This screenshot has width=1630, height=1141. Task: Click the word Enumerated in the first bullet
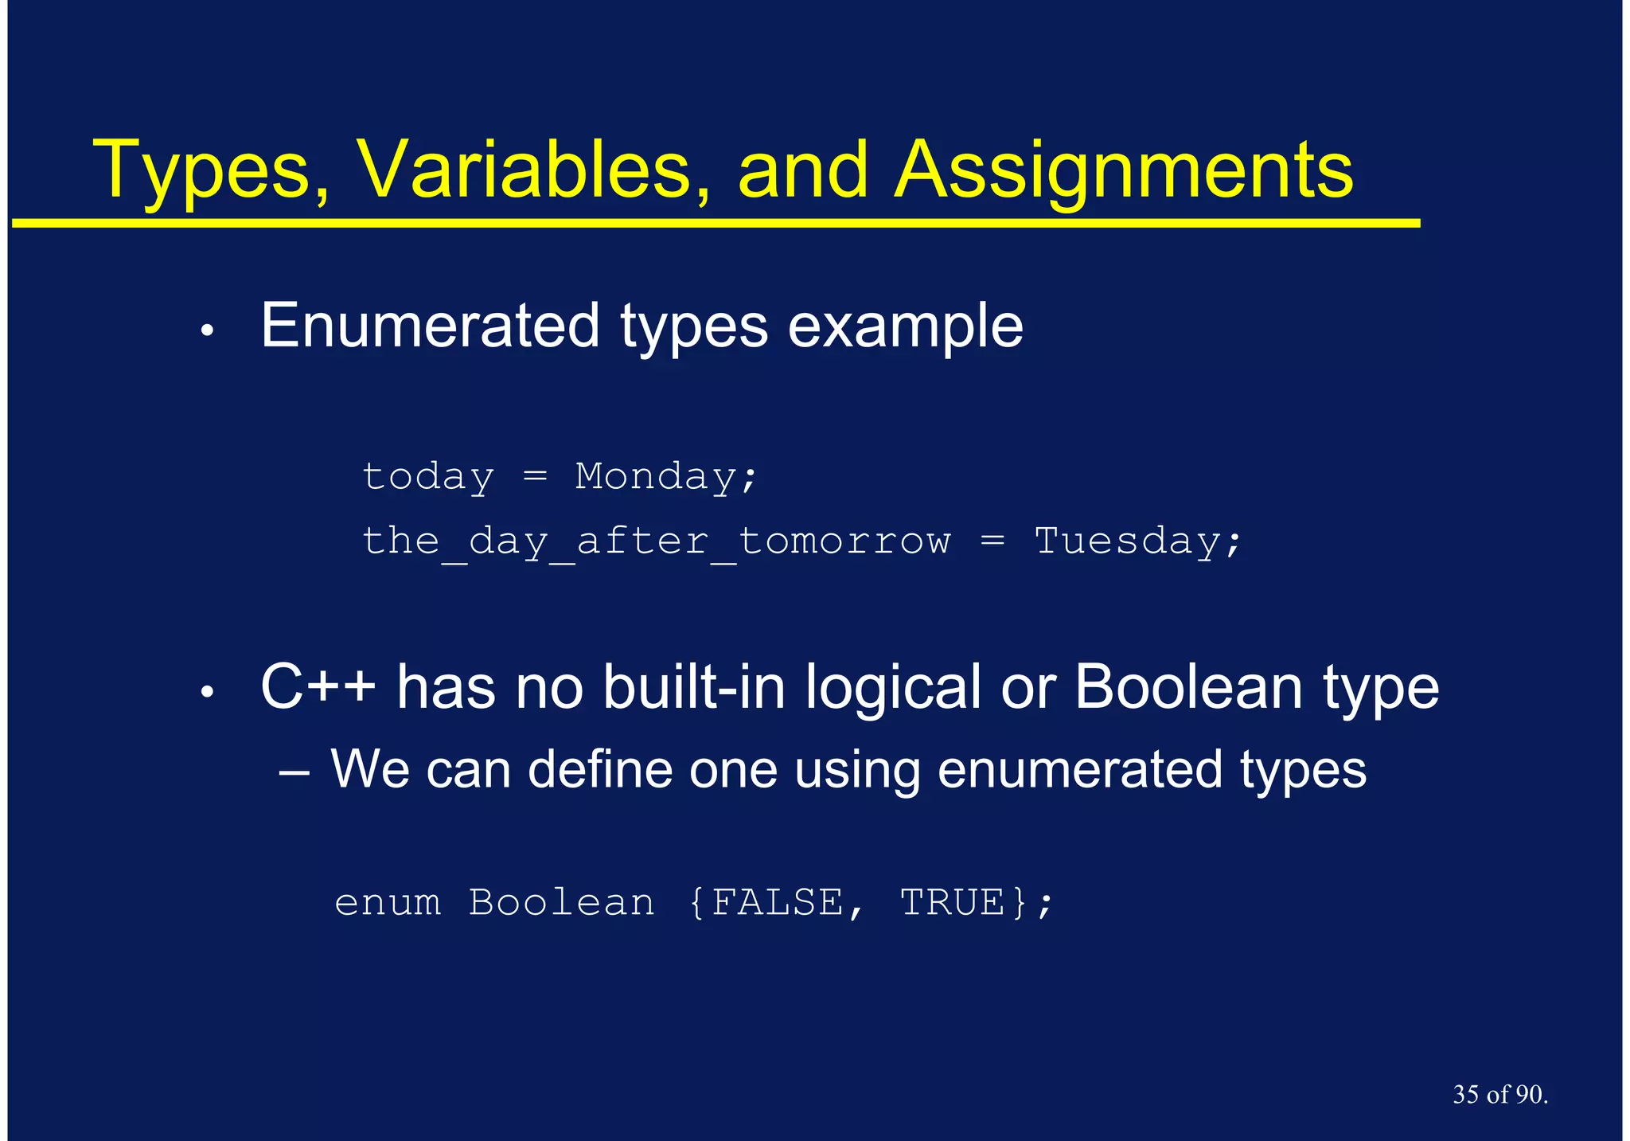(x=430, y=326)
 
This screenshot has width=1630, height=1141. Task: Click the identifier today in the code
(x=428, y=478)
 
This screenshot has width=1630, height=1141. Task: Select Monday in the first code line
(x=657, y=478)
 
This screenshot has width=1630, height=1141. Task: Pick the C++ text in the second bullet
(x=318, y=687)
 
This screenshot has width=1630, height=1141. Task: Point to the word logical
(x=892, y=689)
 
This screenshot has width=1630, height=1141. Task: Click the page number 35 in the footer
(x=1466, y=1095)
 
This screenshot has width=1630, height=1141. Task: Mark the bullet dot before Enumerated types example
(x=207, y=330)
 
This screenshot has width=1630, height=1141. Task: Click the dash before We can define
(x=294, y=772)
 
